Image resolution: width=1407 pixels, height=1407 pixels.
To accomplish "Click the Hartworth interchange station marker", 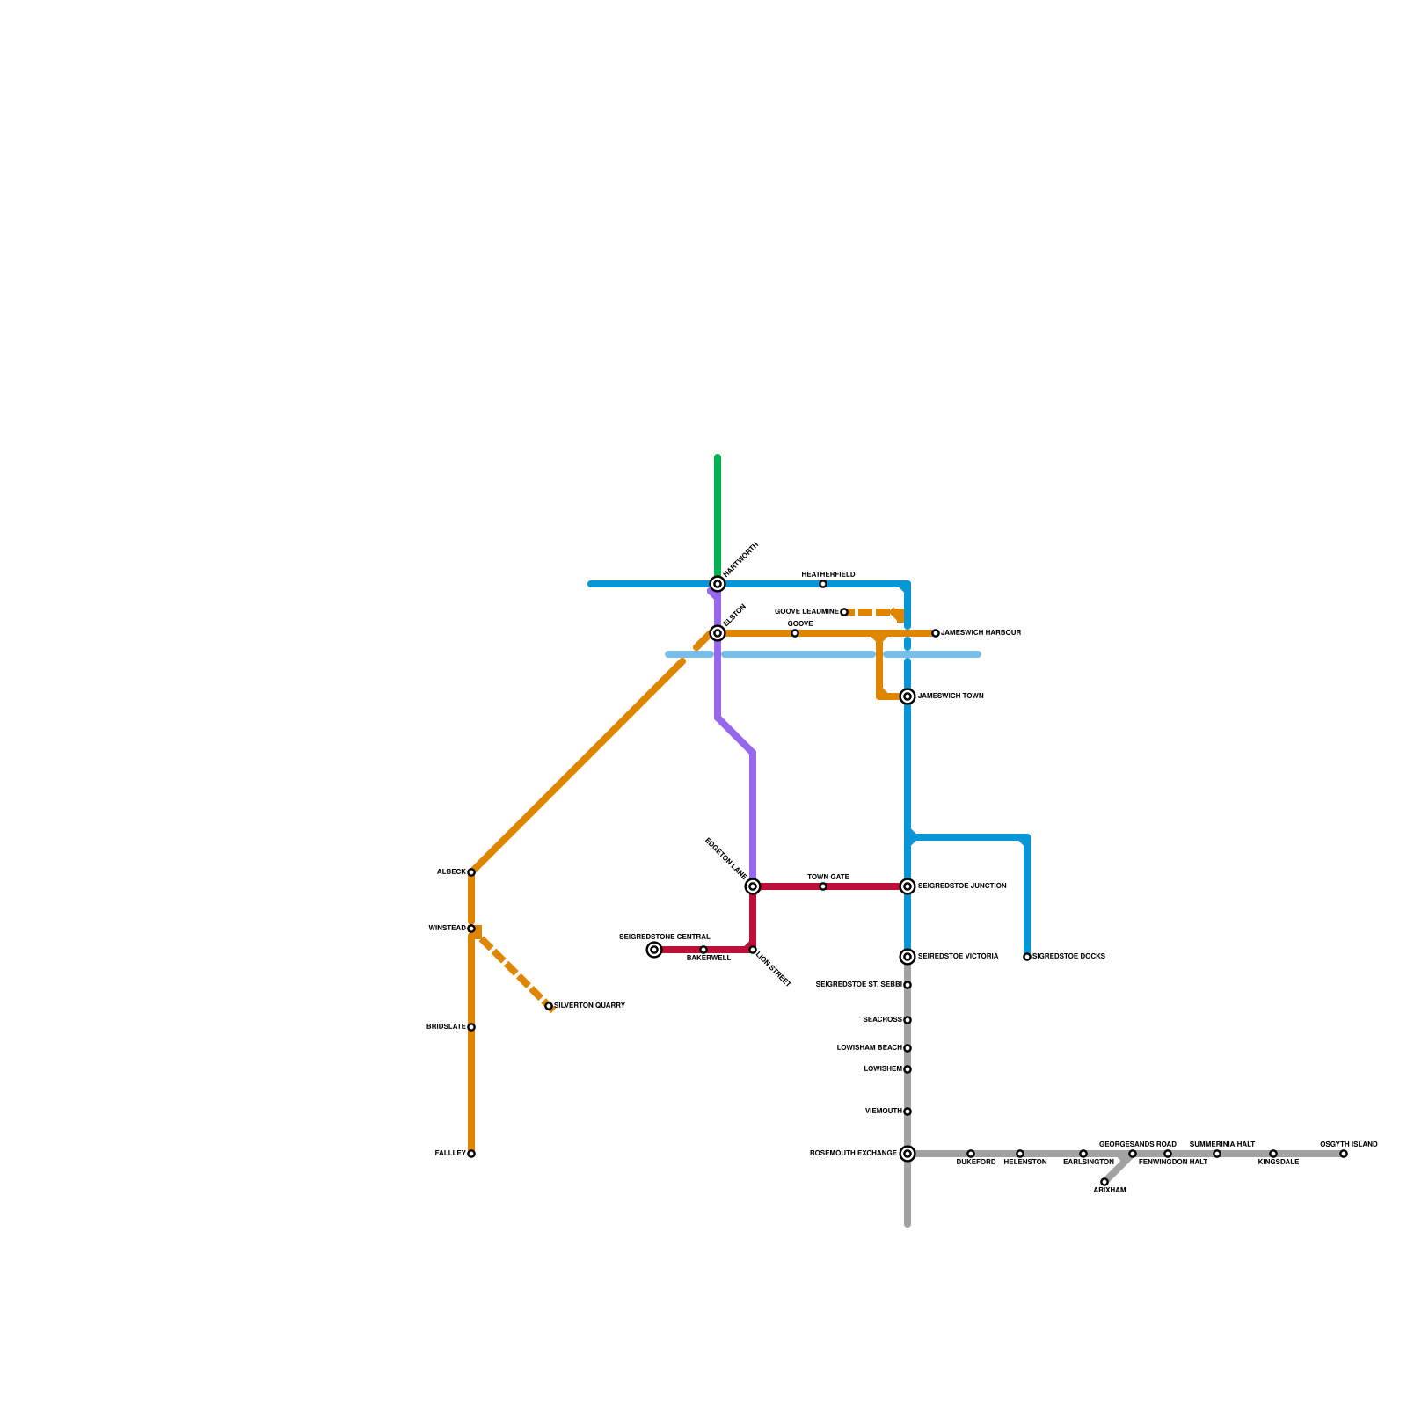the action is coord(718,584).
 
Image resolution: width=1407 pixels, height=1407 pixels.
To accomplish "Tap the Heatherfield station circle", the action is coord(823,584).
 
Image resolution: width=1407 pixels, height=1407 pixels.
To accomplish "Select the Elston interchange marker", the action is coord(718,633).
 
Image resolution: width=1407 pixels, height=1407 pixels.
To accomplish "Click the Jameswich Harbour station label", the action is coord(981,633).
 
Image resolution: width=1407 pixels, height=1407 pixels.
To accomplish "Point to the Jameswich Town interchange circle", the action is coord(908,696).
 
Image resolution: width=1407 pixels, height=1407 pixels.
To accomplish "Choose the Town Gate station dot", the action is coord(823,886).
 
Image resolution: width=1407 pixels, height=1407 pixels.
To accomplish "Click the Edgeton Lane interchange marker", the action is coord(753,886).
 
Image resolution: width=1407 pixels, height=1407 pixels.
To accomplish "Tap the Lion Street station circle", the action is coord(753,950).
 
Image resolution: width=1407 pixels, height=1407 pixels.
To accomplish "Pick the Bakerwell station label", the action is coord(709,959).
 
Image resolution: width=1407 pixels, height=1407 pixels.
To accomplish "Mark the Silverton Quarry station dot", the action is coord(549,1006).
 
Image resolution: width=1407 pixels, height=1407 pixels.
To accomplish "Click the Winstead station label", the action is coord(447,929).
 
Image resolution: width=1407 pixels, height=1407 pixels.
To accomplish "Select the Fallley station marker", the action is coord(471,1154).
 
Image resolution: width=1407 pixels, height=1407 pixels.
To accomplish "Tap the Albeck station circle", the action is coord(471,872).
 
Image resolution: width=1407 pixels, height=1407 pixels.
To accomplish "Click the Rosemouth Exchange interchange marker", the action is coord(908,1154).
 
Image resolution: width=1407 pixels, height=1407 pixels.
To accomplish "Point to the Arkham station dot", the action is coord(1104,1182).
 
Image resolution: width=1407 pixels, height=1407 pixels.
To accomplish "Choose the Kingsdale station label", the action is coord(1278,1163).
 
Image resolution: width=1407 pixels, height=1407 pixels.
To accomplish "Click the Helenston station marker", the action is coord(1020,1154).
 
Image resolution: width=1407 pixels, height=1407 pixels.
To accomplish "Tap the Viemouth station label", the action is coord(883,1112).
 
